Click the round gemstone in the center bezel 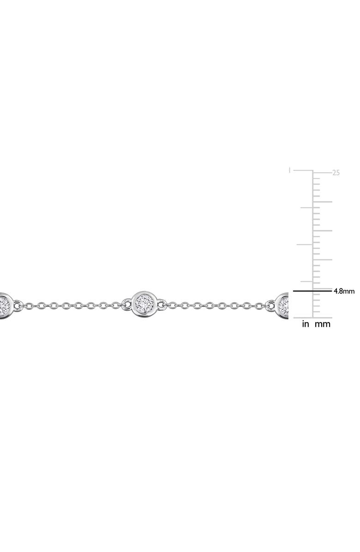[144, 305]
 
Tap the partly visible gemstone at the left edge [4, 305]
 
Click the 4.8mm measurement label [344, 291]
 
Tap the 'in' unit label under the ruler [306, 324]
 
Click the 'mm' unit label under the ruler [323, 324]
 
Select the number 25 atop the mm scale [336, 173]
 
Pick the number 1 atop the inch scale [290, 170]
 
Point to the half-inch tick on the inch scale [305, 245]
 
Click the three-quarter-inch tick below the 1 [306, 208]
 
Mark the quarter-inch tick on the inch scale [307, 282]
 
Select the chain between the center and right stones [217, 305]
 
